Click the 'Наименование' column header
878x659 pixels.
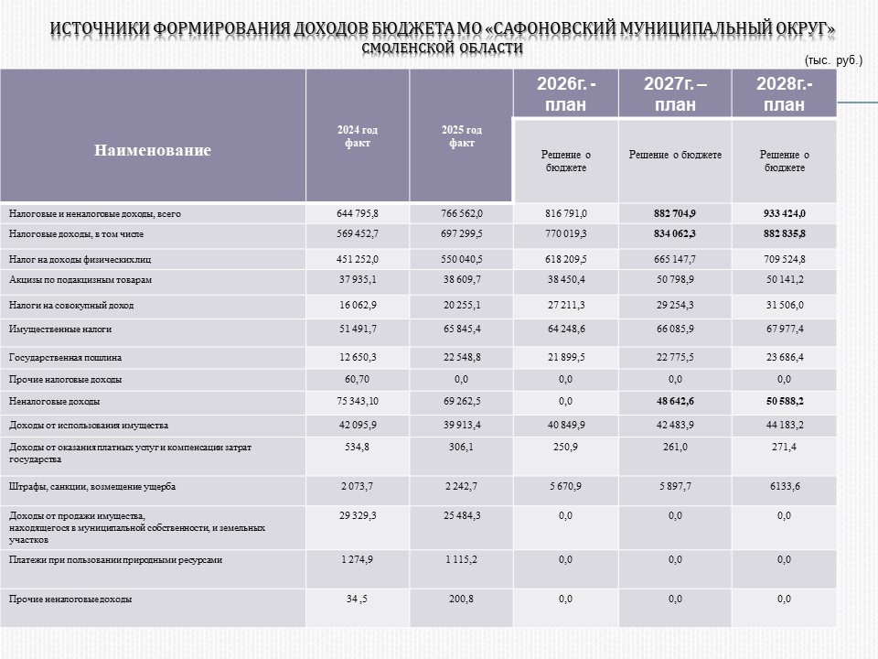[x=153, y=150]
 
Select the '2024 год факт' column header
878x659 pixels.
[x=358, y=136]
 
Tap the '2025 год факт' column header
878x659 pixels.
[x=462, y=136]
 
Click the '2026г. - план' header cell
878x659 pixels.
[x=566, y=93]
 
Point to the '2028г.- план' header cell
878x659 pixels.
[x=784, y=93]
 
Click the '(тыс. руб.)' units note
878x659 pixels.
[x=833, y=60]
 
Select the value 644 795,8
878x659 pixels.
[x=358, y=213]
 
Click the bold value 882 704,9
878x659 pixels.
[x=675, y=213]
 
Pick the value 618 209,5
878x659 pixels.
[x=566, y=260]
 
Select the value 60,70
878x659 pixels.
[x=358, y=379]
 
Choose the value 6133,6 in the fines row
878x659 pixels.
[x=784, y=486]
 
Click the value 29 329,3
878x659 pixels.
[x=358, y=516]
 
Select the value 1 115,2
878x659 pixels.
[x=462, y=559]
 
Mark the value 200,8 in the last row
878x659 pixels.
[x=462, y=600]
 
